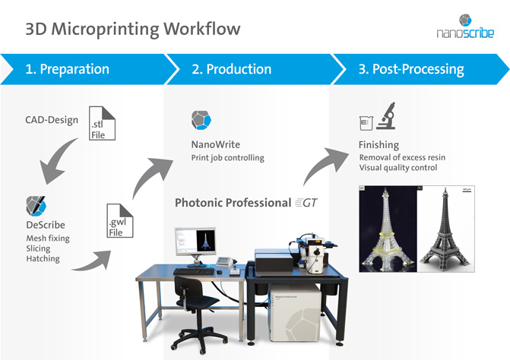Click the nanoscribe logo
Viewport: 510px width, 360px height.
click(465, 26)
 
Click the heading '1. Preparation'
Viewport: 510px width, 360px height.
click(67, 69)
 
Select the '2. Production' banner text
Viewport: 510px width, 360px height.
click(231, 69)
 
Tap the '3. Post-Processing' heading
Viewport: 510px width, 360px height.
click(410, 69)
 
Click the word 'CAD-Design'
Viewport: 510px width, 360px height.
click(52, 120)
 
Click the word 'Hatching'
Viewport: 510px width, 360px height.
click(43, 259)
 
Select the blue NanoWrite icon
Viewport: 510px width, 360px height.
click(201, 121)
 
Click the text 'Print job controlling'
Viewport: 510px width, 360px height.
click(227, 158)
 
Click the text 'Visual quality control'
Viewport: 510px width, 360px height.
click(398, 167)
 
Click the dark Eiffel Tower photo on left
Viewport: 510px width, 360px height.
click(390, 227)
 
